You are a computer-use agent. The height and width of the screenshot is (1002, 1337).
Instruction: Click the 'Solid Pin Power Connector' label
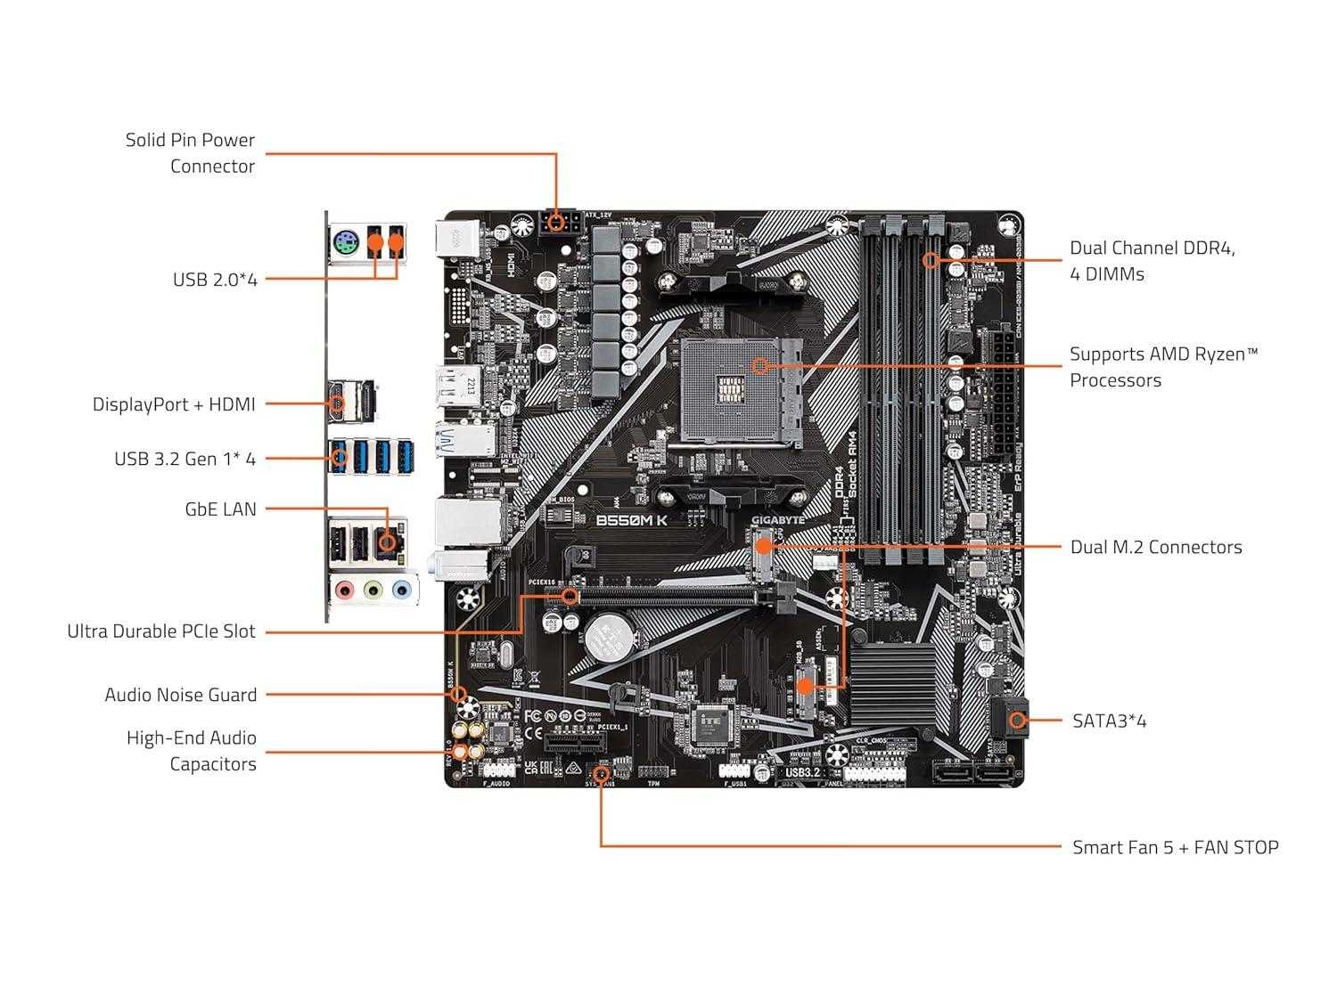coord(190,153)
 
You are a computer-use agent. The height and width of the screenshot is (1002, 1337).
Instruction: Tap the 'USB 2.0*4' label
coord(215,280)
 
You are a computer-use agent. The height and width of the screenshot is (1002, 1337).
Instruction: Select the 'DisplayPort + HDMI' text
coord(174,404)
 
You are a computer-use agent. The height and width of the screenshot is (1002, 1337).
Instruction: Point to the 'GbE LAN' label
coord(220,509)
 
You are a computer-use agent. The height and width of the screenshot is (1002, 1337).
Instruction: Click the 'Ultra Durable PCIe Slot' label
coord(161,631)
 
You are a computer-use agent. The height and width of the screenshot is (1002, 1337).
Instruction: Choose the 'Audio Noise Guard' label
coord(181,695)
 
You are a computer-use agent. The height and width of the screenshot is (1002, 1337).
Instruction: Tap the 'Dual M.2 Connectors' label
coord(1156,548)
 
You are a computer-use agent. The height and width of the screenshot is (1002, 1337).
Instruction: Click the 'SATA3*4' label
coord(1109,721)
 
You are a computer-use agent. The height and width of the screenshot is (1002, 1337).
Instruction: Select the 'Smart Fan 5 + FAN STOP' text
coord(1175,848)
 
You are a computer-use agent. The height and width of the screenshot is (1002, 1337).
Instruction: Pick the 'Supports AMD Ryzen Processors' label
coord(1163,367)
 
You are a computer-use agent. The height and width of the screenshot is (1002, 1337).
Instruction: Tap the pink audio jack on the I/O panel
coord(344,590)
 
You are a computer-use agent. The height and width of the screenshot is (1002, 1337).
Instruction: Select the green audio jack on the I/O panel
coord(373,590)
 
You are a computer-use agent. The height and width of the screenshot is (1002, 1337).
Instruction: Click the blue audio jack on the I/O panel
coord(402,590)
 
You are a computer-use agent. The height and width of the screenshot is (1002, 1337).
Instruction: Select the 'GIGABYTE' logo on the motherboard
coord(777,520)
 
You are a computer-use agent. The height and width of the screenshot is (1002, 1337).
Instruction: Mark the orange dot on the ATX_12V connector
coord(557,223)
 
